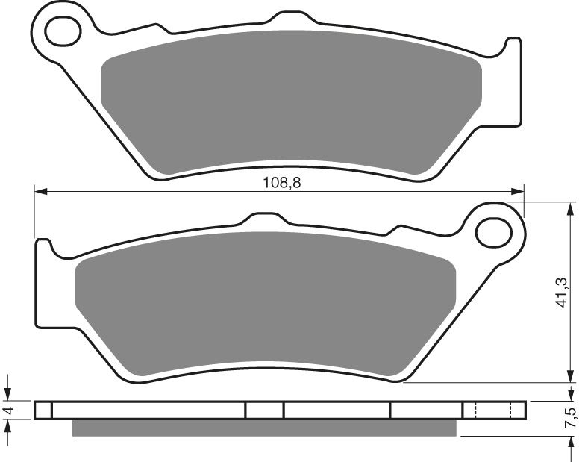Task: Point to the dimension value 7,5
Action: pyautogui.click(x=571, y=419)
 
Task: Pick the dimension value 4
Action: pyautogui.click(x=8, y=411)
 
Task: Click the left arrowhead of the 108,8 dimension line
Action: pyautogui.click(x=40, y=192)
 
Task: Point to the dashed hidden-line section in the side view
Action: pyautogui.click(x=492, y=411)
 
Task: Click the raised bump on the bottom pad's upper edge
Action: pyautogui.click(x=264, y=217)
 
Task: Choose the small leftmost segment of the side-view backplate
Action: pyautogui.click(x=43, y=411)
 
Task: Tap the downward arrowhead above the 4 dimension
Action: pyautogui.click(x=8, y=396)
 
